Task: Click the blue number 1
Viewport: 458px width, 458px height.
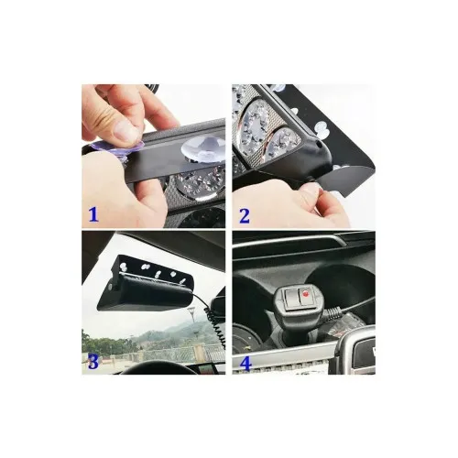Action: [93, 214]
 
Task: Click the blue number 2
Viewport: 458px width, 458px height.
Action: [245, 216]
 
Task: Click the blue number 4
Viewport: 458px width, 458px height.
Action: [245, 363]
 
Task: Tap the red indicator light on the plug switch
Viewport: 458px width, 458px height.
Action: [305, 294]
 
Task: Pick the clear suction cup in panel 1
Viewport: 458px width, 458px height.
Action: [202, 148]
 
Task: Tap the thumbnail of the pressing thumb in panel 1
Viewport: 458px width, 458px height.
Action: [125, 131]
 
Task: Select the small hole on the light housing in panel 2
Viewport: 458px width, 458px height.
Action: [319, 146]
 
